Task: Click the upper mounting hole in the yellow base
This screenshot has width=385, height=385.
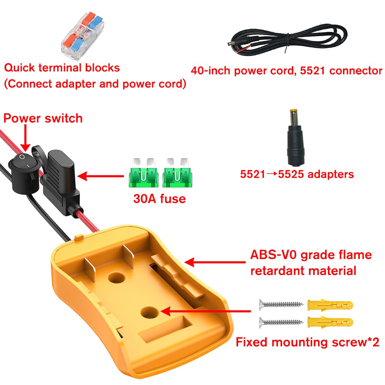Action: (x=116, y=278)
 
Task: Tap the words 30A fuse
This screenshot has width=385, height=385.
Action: (x=159, y=198)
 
